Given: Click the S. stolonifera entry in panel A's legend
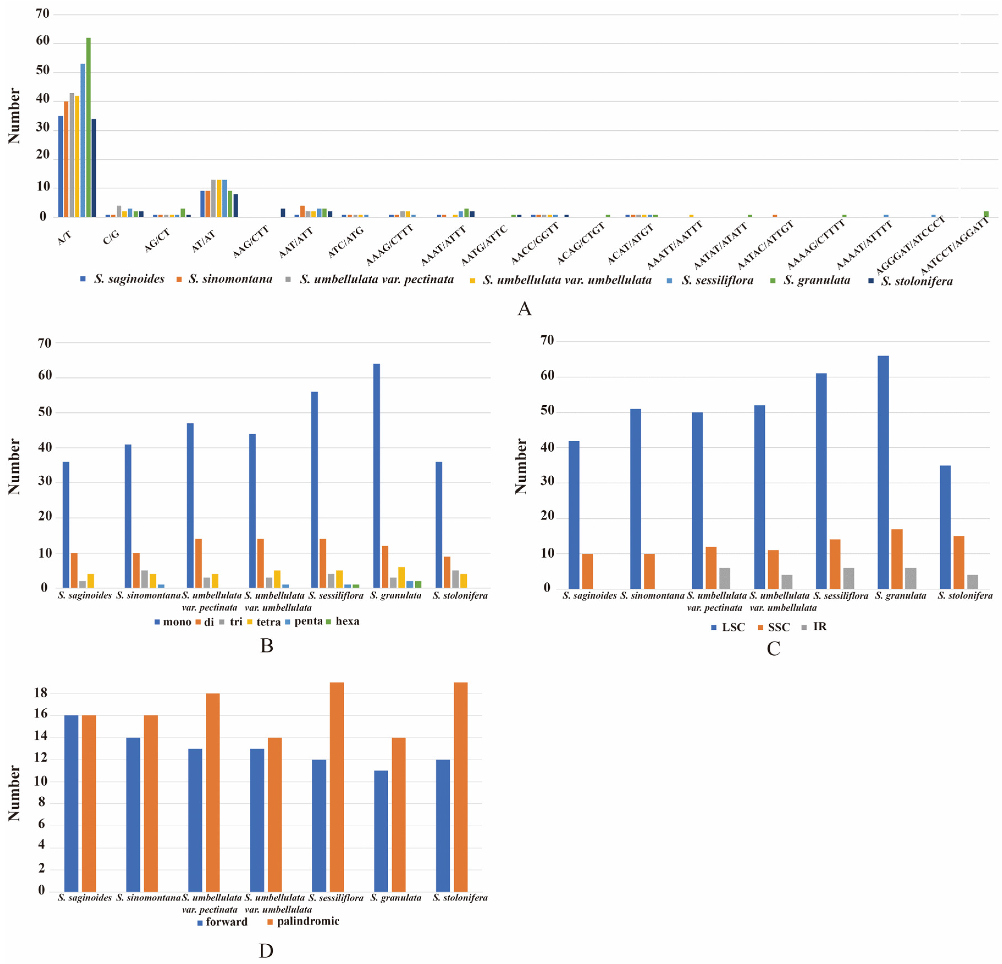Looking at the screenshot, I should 916,281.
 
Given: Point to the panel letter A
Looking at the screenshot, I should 525,309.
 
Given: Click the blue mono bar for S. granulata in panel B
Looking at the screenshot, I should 377,476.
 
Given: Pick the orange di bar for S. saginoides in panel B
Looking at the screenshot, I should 74,570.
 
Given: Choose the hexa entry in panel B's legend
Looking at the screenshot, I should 347,621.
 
